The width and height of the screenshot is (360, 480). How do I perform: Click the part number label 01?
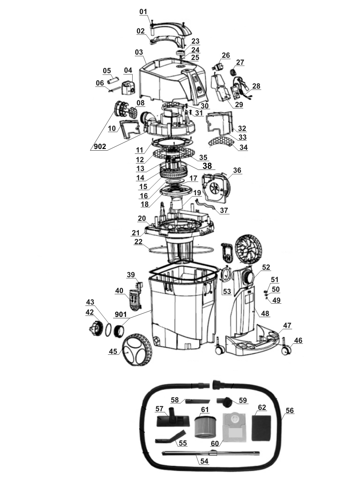point(143,11)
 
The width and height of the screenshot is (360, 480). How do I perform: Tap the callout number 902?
point(100,147)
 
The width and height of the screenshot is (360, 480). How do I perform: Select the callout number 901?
point(121,314)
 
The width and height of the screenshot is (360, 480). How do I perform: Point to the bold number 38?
point(207,166)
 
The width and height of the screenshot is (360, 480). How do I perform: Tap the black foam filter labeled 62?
point(261,428)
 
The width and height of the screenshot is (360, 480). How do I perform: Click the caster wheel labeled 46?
point(286,348)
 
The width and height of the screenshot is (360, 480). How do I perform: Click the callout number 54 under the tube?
point(204,461)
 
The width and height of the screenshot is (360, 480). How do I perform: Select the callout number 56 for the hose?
point(289,410)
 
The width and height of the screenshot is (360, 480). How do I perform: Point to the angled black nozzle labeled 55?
point(171,436)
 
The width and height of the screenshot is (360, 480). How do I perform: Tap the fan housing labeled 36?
point(215,189)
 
